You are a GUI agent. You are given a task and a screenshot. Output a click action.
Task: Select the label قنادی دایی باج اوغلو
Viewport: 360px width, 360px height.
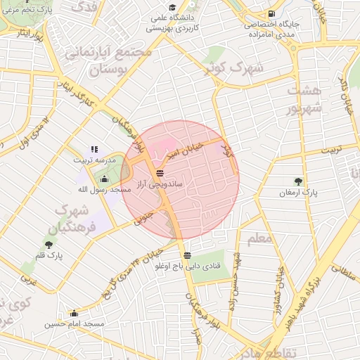186,266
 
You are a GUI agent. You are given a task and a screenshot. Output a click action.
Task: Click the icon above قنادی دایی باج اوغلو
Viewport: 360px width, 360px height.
186,256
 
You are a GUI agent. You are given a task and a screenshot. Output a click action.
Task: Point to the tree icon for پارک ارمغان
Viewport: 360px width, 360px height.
299,181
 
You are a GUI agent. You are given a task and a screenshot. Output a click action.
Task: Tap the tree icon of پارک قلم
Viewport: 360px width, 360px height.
48,245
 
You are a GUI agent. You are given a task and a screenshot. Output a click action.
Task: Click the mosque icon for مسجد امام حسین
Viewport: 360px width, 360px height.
74,314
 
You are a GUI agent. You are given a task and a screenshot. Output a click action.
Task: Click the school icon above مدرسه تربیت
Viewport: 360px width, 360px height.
94,150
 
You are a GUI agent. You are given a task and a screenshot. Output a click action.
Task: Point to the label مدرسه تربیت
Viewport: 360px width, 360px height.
92,160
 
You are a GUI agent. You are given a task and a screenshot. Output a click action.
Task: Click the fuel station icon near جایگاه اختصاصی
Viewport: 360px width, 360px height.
271,13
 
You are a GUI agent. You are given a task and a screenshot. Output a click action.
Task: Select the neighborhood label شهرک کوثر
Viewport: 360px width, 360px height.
233,69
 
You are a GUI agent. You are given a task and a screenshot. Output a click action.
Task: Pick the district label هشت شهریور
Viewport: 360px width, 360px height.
304,99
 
